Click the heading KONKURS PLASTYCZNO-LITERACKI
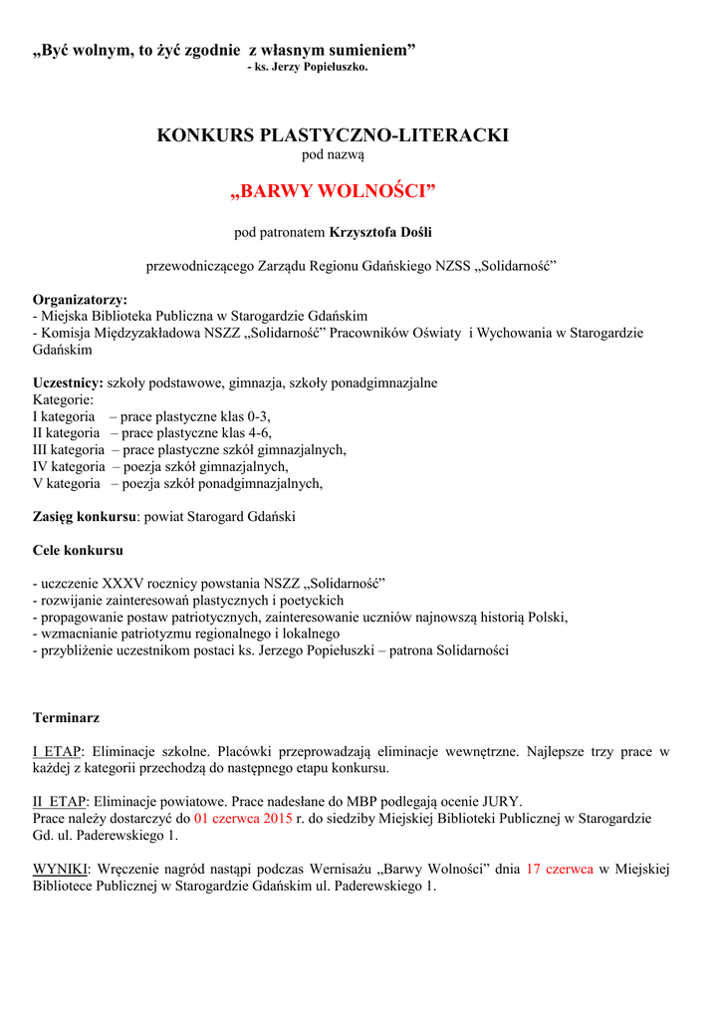pos(333,135)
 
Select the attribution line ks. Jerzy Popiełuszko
pos(307,67)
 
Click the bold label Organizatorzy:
pos(80,299)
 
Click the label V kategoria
pos(67,483)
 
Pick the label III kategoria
pos(69,449)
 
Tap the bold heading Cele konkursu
pos(78,550)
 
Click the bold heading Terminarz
pos(66,717)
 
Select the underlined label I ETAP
pos(58,751)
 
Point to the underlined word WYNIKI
pos(62,869)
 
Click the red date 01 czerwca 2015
pos(243,818)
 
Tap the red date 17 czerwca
pos(560,869)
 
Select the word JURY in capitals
pos(501,801)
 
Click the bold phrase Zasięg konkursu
pos(84,517)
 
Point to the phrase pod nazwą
pos(333,155)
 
